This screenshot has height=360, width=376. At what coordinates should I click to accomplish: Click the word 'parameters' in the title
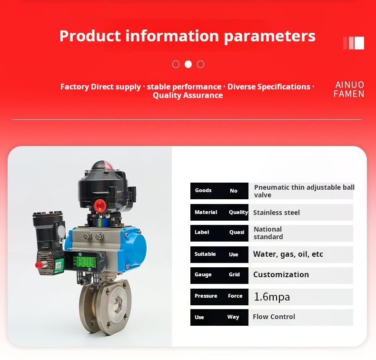coord(270,37)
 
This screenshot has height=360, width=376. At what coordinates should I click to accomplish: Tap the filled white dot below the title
coord(188,64)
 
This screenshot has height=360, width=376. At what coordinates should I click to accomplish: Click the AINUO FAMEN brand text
coord(349,89)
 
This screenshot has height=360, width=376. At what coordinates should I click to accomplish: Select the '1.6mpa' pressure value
coord(272,297)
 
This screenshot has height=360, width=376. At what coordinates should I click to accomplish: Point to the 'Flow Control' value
coord(274,317)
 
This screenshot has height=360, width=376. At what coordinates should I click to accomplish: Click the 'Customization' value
coord(281,274)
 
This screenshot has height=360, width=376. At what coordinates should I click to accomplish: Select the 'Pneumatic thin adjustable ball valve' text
coord(304,191)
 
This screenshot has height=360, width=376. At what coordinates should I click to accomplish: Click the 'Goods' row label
coord(203,190)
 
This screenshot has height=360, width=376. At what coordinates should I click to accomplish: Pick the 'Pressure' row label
coord(206,296)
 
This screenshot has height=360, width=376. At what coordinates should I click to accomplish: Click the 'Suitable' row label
coord(205,254)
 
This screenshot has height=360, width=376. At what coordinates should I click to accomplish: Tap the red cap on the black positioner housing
coord(100,205)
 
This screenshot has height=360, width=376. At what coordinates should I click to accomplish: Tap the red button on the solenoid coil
coord(40,265)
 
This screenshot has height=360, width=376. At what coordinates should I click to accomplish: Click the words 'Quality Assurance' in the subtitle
coord(188,95)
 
